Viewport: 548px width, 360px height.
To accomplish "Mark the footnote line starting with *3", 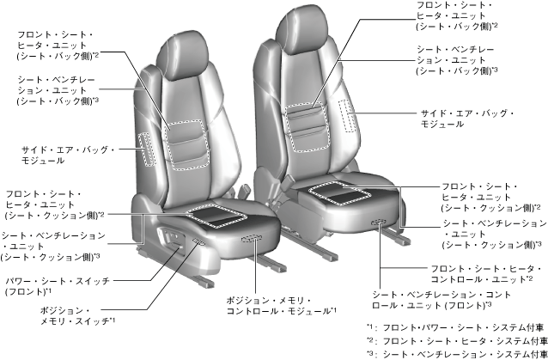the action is pyautogui.click(x=455, y=353).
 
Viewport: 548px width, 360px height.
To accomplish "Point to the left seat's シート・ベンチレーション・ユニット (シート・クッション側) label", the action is pyautogui.click(x=52, y=246).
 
